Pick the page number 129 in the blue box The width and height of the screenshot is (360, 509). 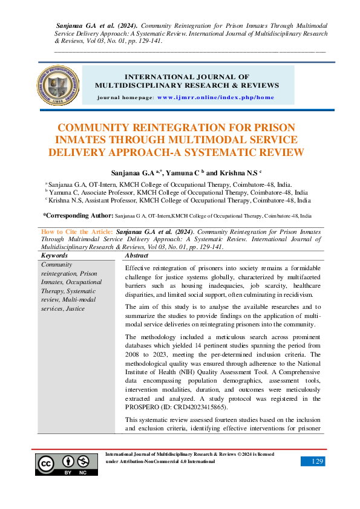click(313, 461)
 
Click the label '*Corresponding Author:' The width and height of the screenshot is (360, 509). click(77, 215)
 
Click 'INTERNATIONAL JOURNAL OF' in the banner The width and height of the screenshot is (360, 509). click(186, 77)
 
